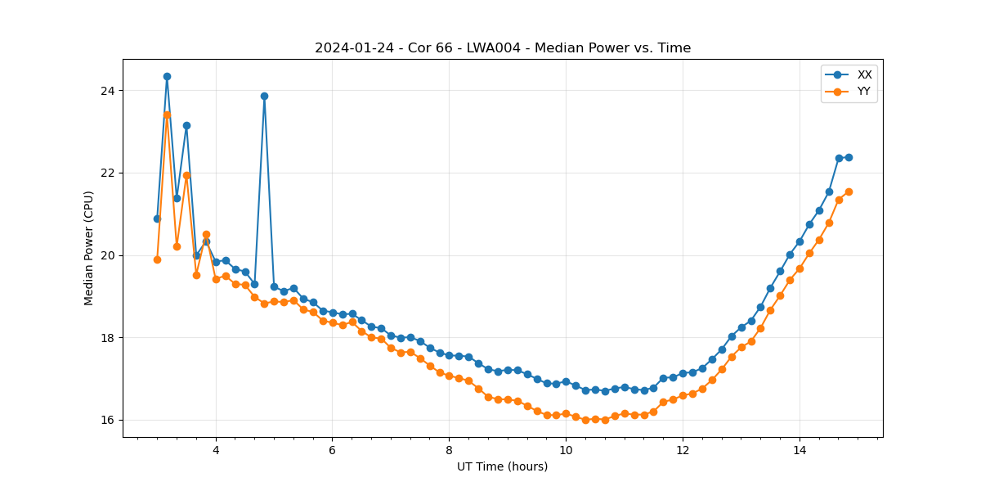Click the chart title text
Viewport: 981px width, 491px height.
click(x=503, y=48)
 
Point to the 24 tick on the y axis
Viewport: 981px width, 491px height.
click(x=108, y=90)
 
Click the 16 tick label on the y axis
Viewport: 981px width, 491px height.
click(x=108, y=421)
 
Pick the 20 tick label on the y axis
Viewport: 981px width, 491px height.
click(x=108, y=255)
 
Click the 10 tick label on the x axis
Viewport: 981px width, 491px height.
click(x=566, y=450)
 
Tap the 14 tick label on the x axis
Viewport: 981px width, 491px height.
click(x=800, y=450)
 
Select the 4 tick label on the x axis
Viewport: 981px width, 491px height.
click(x=216, y=450)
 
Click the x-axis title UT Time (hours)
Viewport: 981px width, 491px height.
click(x=502, y=467)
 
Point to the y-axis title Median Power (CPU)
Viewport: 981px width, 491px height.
click(x=89, y=248)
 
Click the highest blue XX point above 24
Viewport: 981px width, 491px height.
click(x=167, y=76)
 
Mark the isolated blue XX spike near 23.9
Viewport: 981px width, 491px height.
click(x=264, y=96)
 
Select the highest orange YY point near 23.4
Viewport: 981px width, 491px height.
click(x=167, y=115)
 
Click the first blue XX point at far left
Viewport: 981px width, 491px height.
click(x=157, y=218)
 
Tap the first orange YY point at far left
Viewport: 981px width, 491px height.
click(x=157, y=259)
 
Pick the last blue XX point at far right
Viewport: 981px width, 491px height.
click(x=849, y=157)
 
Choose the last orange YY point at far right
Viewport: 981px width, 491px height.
click(x=849, y=191)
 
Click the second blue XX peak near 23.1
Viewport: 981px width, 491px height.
click(x=186, y=125)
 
